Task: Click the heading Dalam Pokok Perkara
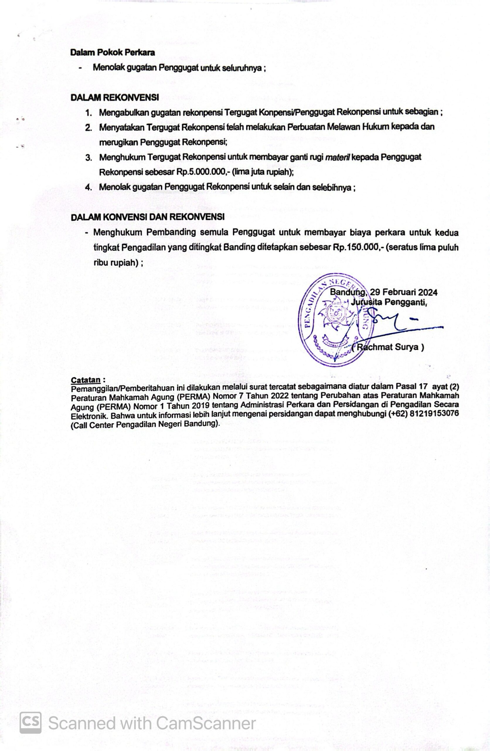point(113,53)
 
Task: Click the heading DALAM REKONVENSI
point(115,97)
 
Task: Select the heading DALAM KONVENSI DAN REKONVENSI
point(148,217)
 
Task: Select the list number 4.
point(89,188)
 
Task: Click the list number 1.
point(89,113)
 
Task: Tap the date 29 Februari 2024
point(403,292)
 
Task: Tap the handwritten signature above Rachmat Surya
point(394,324)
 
